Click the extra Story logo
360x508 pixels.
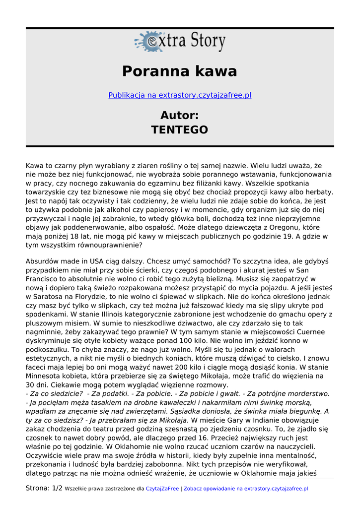[180, 42]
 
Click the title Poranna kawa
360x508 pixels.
[180, 71]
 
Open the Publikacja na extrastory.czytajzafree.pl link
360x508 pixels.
[180, 95]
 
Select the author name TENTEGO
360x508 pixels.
[180, 130]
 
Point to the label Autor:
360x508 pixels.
[180, 116]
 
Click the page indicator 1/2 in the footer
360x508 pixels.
[57, 489]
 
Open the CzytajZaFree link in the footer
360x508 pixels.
[162, 489]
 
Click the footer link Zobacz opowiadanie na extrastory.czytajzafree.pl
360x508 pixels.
[246, 489]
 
